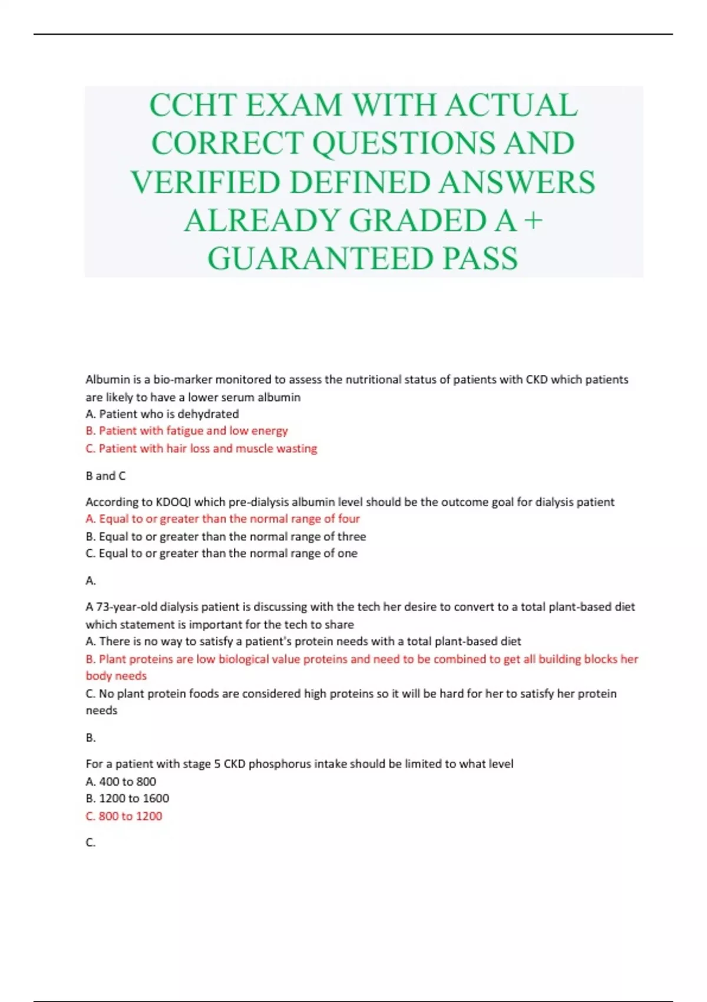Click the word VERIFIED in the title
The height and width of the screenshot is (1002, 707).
point(206,182)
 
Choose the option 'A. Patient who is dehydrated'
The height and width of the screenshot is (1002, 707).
point(162,414)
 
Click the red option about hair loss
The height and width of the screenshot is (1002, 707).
point(201,449)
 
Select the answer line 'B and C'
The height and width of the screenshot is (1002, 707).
point(105,476)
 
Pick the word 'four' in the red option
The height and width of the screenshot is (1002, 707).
point(349,519)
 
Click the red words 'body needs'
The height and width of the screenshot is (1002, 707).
point(116,676)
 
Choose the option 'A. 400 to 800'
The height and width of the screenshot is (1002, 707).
point(121,782)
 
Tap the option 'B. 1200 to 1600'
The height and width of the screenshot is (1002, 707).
point(127,799)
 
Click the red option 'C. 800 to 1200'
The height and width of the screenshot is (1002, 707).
point(124,816)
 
